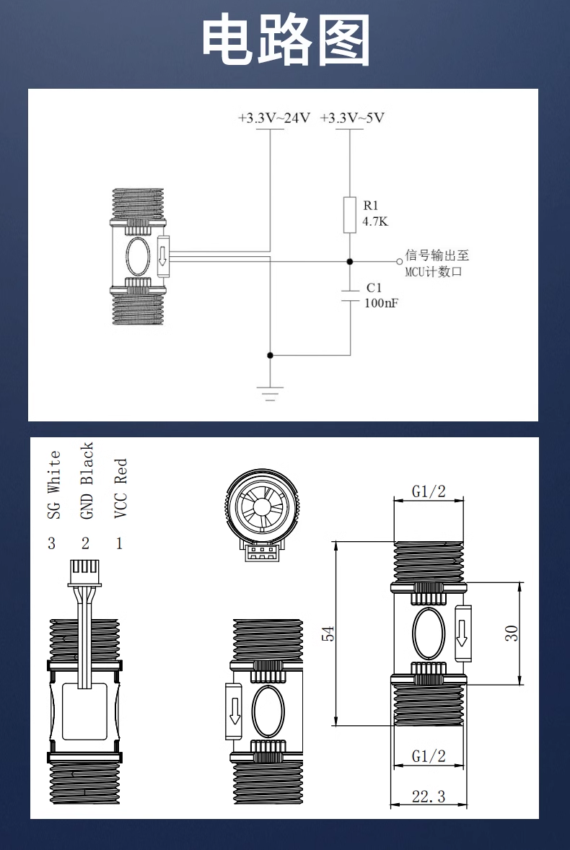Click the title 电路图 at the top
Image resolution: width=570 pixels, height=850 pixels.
(x=285, y=41)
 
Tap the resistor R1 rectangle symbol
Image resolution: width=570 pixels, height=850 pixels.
(x=350, y=214)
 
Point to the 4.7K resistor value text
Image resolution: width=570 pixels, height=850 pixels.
(x=374, y=222)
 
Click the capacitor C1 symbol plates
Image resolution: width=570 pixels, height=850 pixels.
(x=350, y=294)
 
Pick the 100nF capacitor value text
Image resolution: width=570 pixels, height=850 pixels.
(x=380, y=303)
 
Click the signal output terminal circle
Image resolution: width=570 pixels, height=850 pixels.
(x=399, y=261)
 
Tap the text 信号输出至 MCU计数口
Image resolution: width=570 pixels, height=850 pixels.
(x=437, y=263)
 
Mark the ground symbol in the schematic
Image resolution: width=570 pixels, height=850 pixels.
(x=270, y=393)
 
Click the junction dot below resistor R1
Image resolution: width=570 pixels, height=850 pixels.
(x=350, y=261)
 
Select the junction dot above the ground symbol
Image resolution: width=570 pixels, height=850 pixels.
(x=270, y=355)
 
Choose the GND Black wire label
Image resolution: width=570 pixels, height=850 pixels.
(x=87, y=481)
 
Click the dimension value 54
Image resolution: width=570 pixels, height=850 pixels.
(x=328, y=634)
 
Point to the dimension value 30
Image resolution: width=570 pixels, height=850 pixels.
(x=511, y=634)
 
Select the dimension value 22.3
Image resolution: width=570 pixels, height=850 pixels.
(x=429, y=797)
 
